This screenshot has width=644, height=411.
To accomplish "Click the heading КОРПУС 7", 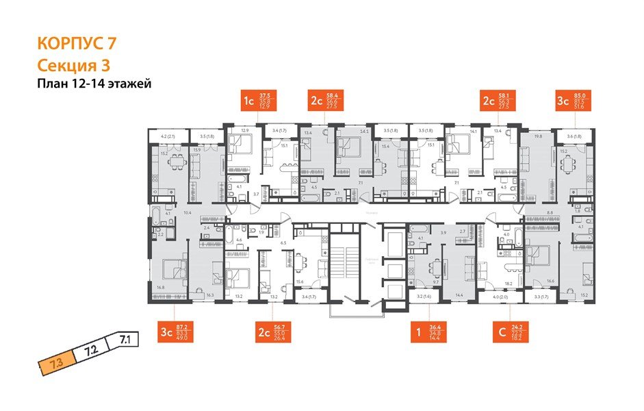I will tap(76, 43).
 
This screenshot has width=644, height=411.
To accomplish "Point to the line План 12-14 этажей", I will tap(93, 84).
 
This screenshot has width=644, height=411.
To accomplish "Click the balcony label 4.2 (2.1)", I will tap(166, 136).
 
